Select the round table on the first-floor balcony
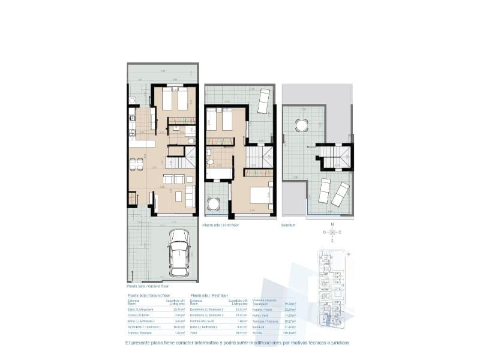coord(214,204)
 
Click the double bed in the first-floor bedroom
coord(257,196)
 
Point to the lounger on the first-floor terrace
coord(263,100)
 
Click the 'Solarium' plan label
coord(289,226)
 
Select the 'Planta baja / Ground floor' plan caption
coord(143,286)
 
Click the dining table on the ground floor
coord(137,162)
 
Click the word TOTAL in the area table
coord(257,332)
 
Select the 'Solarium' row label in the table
coord(258,326)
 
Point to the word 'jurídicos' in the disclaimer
coord(337,343)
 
